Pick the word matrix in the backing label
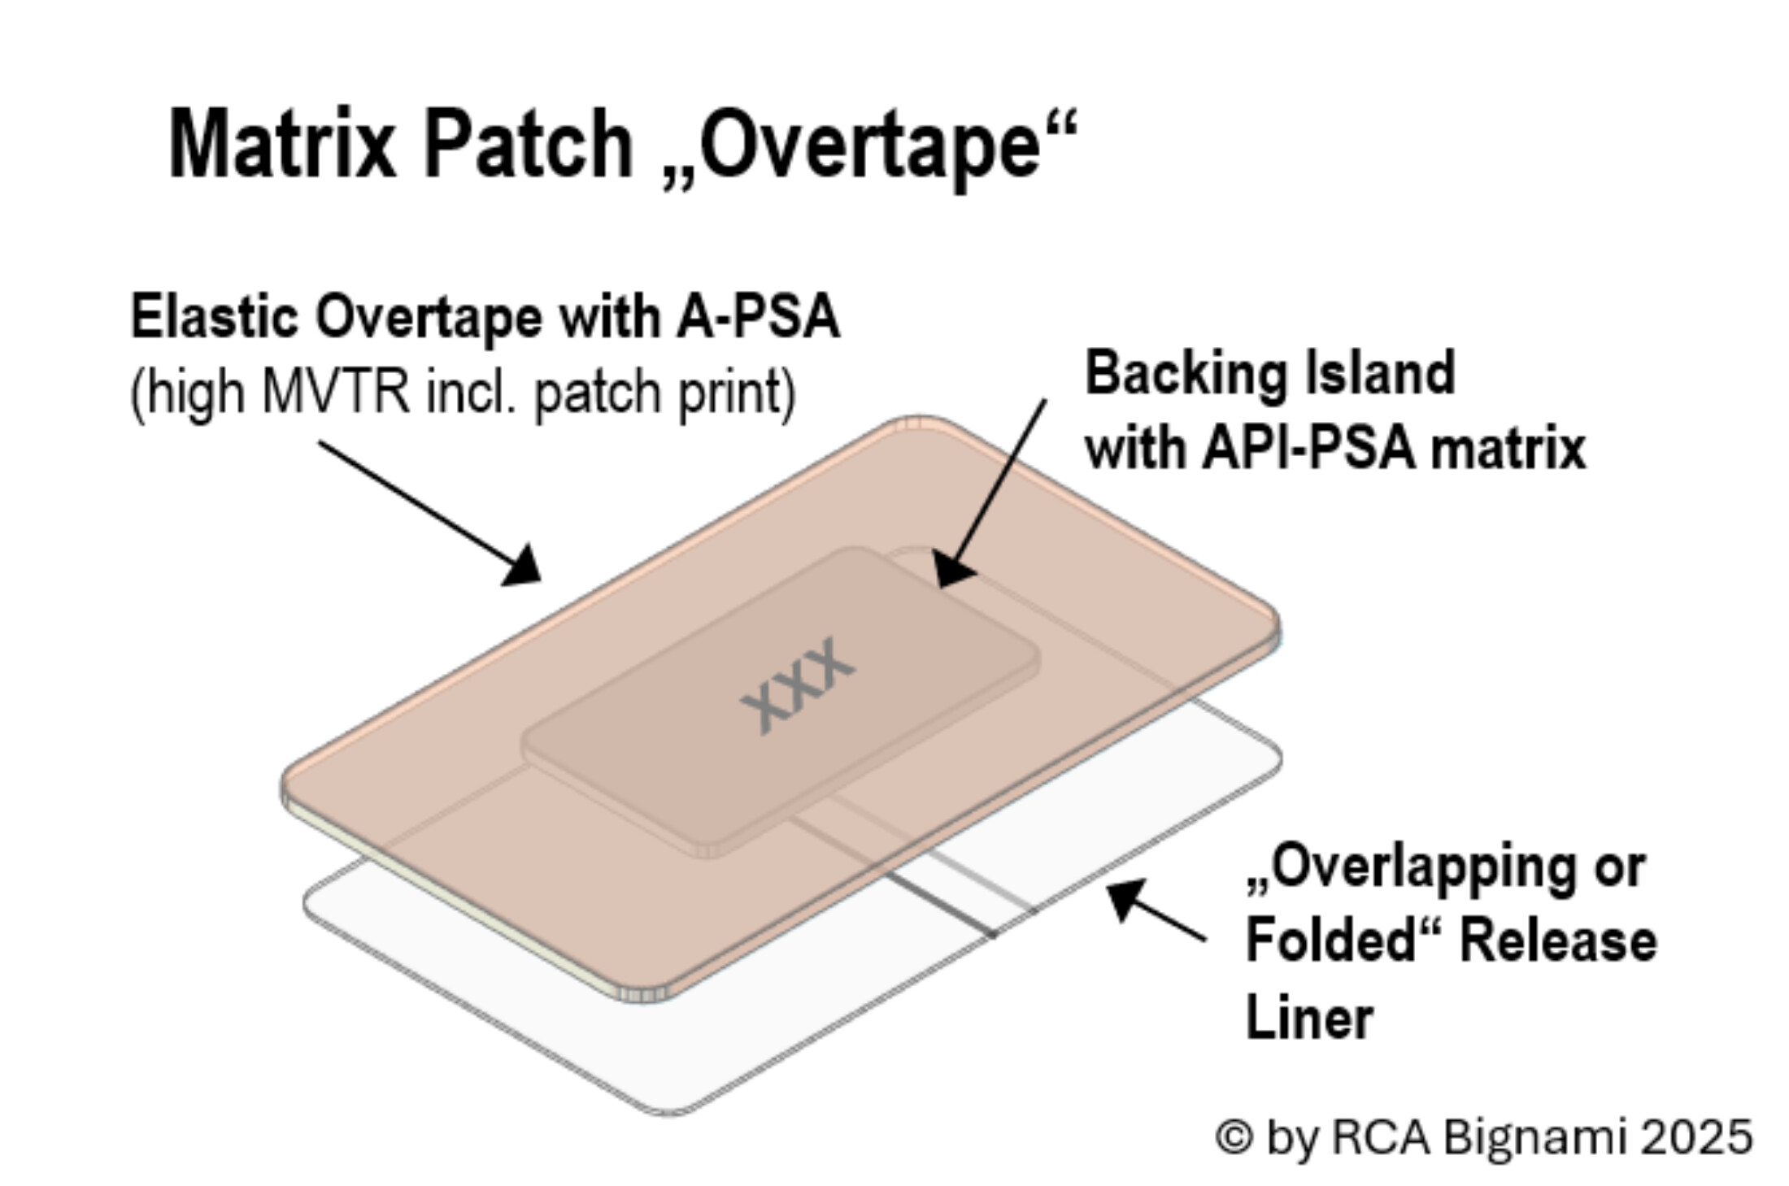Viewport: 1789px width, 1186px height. point(1508,448)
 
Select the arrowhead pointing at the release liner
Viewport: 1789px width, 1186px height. point(1126,897)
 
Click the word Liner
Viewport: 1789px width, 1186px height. point(1309,1017)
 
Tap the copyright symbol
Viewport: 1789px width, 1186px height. point(1234,1136)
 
